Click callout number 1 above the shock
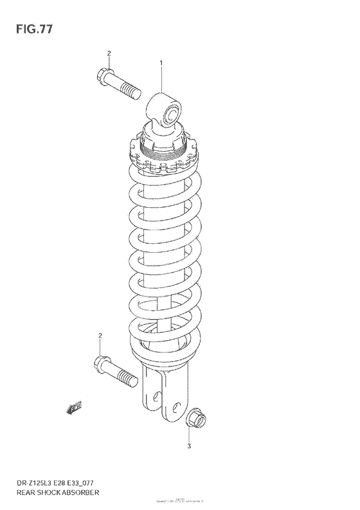(x=161, y=63)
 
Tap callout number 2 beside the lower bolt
(x=100, y=336)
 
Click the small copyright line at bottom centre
(x=179, y=500)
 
